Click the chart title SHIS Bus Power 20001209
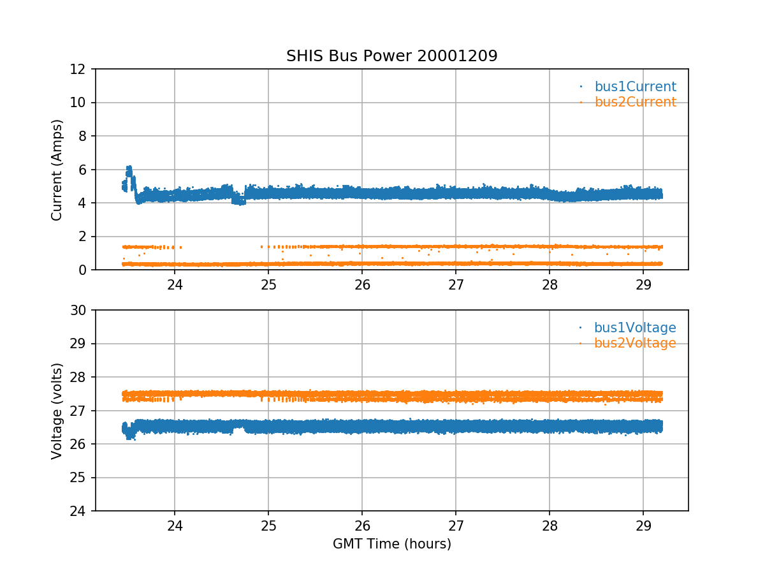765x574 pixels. pos(391,56)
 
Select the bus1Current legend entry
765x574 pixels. pos(635,87)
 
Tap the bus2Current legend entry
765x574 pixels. pos(635,102)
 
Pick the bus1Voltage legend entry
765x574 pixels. pos(635,328)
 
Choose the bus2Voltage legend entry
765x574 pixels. pos(635,343)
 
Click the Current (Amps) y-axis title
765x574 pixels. pos(57,170)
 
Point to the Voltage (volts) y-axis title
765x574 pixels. pos(57,411)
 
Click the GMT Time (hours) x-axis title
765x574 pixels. pos(391,544)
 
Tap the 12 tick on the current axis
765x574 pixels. pos(82,69)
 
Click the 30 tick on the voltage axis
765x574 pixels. pos(82,311)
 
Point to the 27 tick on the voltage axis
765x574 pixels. pos(82,411)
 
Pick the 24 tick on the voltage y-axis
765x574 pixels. pos(82,511)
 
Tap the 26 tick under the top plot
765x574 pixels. pos(362,284)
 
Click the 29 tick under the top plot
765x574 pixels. pos(643,284)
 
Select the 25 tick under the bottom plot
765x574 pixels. pos(268,525)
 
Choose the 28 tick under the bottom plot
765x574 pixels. pos(550,525)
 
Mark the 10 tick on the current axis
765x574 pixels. pos(82,103)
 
